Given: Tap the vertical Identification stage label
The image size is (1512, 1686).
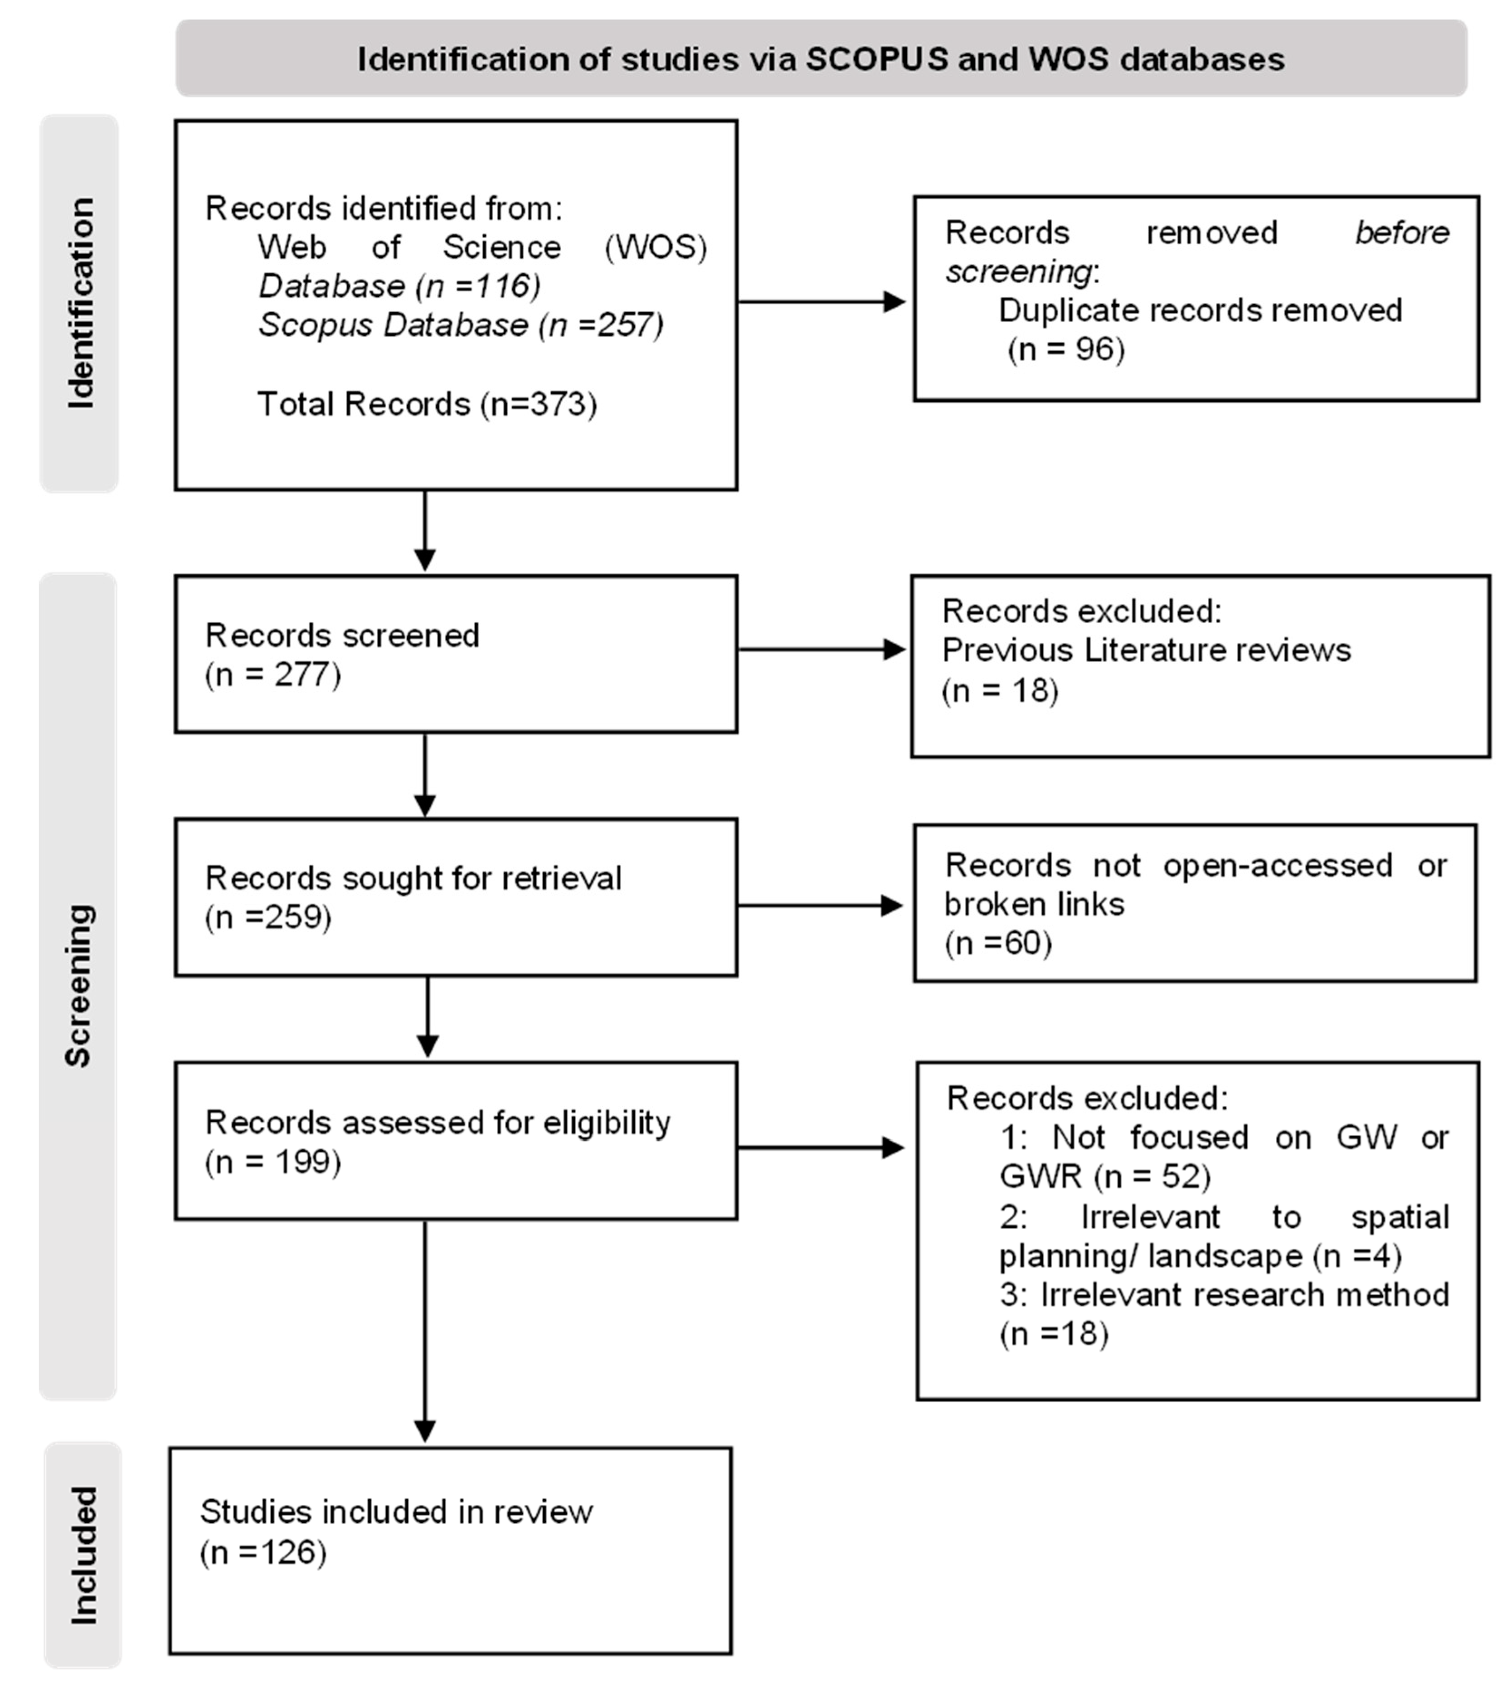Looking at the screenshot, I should (x=81, y=303).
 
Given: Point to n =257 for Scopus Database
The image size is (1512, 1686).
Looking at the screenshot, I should (x=602, y=325).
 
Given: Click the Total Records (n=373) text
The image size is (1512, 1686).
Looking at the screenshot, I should (x=427, y=404).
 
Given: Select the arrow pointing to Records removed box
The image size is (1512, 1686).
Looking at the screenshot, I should (x=822, y=302).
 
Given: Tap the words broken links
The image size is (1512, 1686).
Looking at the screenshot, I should (x=1034, y=905).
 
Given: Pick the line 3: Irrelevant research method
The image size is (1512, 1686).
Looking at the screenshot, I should (x=1224, y=1295).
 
